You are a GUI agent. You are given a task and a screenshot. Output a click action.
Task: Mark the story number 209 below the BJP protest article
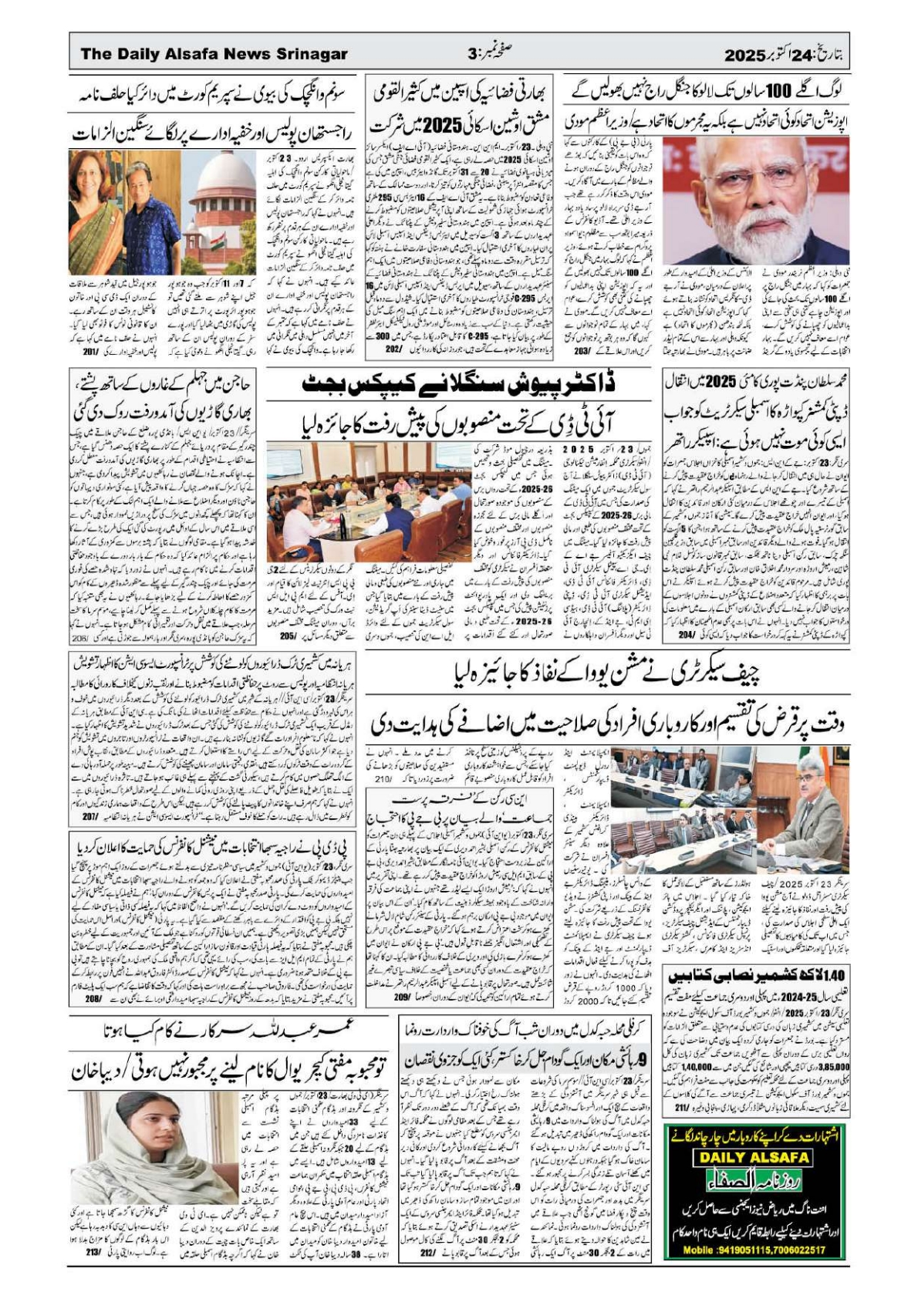tap(400, 997)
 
